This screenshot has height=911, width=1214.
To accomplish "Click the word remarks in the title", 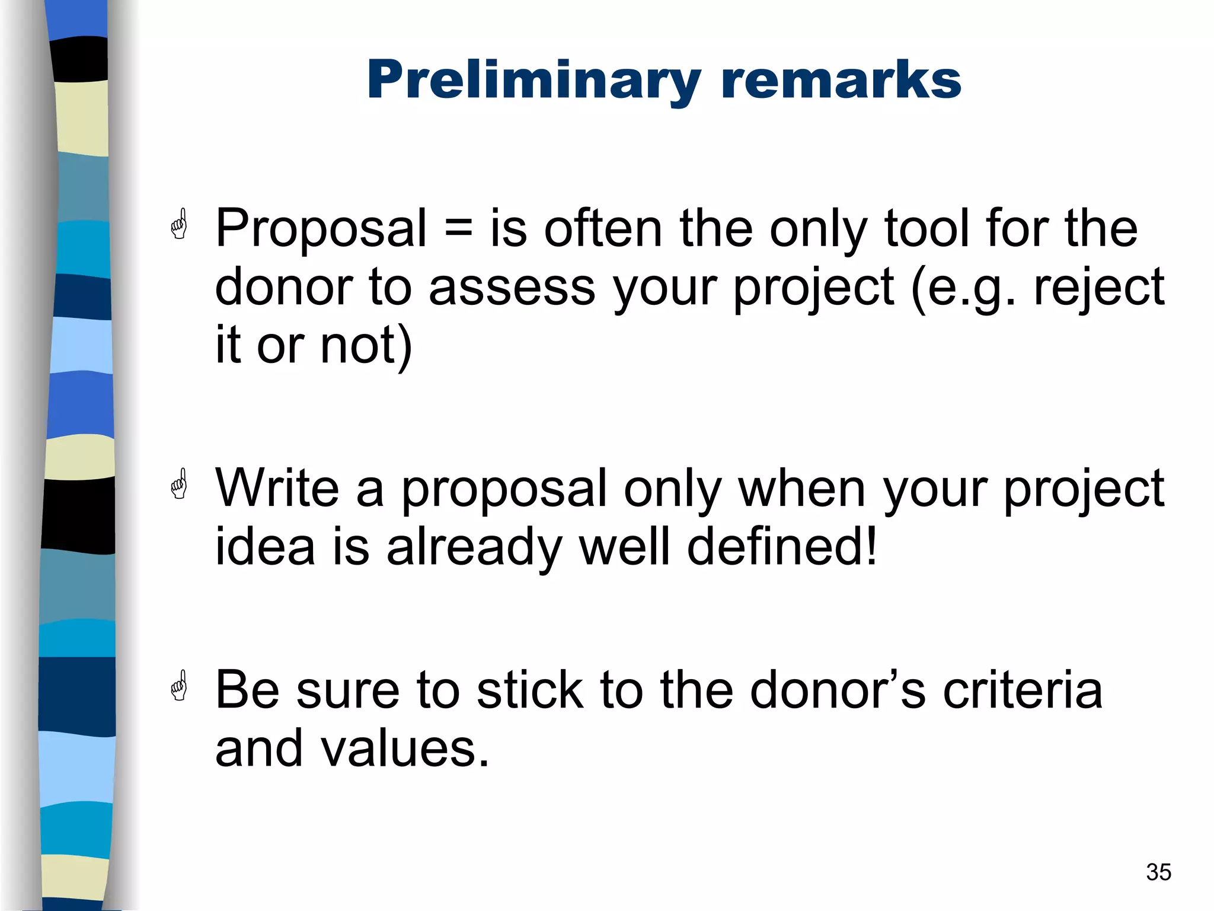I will click(x=841, y=81).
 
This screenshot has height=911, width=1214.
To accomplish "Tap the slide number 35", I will click(x=1158, y=872).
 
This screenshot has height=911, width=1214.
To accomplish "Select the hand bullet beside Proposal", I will click(x=179, y=224).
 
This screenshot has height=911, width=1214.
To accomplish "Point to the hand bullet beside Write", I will click(x=179, y=484).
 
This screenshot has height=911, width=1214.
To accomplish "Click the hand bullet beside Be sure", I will click(x=179, y=686).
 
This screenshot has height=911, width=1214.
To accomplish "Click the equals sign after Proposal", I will click(x=458, y=229).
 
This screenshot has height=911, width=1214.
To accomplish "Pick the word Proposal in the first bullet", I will click(x=321, y=229).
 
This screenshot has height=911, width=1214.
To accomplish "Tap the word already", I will click(x=474, y=547).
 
